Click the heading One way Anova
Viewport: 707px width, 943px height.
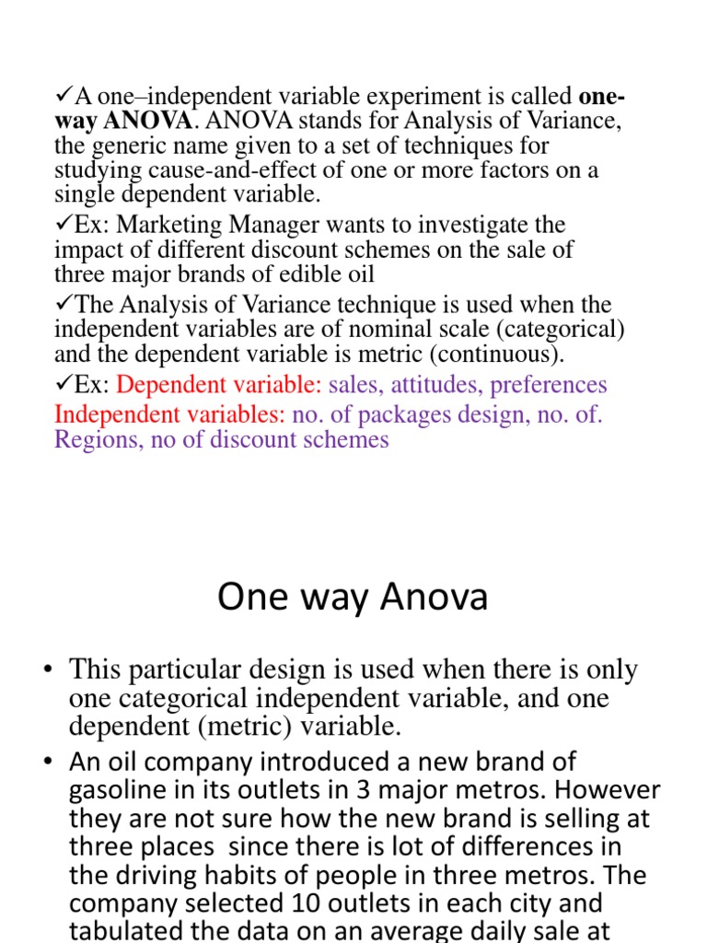coord(353,599)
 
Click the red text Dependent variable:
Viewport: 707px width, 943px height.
coord(220,384)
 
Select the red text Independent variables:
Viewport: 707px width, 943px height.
coord(170,414)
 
